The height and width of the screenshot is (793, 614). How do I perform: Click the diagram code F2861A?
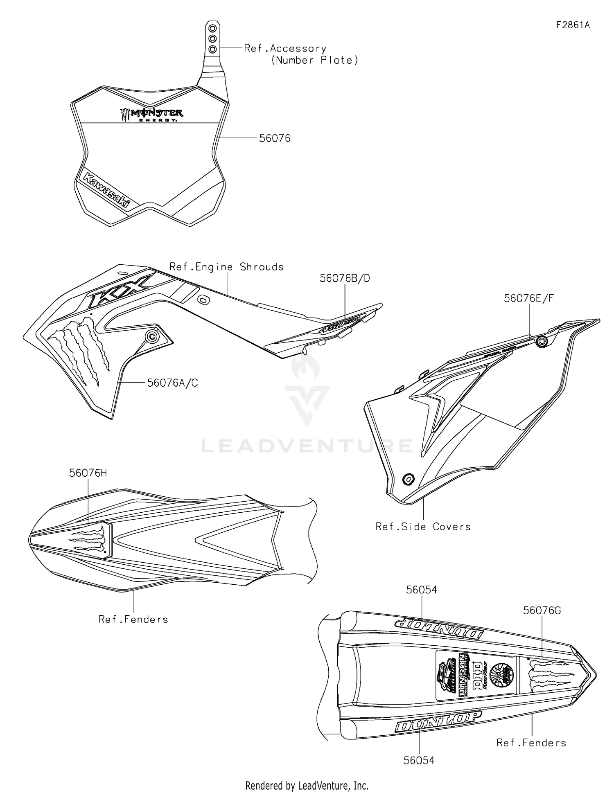[x=573, y=25]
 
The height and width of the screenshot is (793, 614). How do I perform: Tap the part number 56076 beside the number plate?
[x=275, y=139]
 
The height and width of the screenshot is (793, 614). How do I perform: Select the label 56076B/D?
[x=345, y=278]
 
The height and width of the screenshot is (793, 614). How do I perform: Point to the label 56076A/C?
[x=172, y=383]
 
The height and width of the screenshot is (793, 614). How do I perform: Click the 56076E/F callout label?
[x=529, y=298]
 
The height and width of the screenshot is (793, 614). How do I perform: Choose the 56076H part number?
[x=88, y=473]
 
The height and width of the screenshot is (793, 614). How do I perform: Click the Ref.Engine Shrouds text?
[x=226, y=267]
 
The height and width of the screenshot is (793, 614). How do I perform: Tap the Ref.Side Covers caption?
[x=423, y=527]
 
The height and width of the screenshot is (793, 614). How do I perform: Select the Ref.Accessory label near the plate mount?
[x=285, y=48]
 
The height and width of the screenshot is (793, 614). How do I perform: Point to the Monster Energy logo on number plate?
[x=151, y=115]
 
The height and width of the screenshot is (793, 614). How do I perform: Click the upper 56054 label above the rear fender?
[x=421, y=590]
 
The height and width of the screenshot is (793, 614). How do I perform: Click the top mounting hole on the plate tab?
[x=212, y=28]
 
